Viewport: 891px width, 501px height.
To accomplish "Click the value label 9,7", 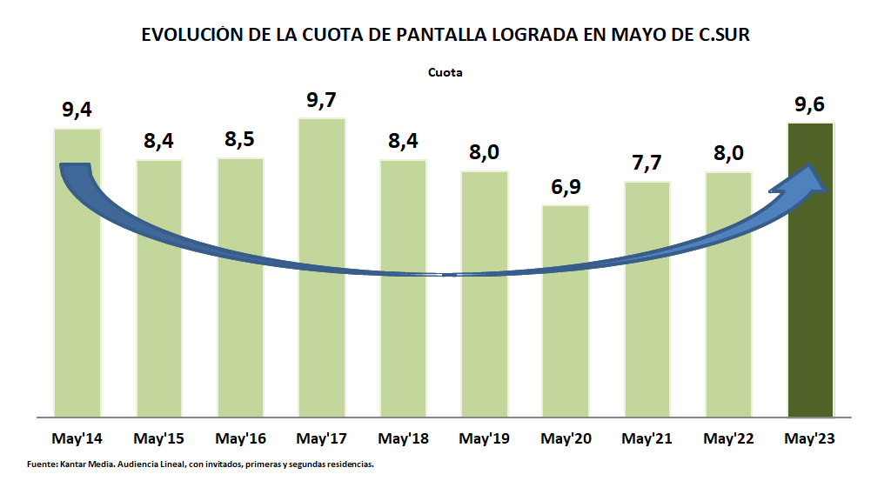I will coord(322,100).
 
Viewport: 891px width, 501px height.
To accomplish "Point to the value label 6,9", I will coord(566,188).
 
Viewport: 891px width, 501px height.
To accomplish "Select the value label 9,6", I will coord(810,105).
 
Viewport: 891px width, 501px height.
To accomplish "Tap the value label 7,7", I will coord(647,164).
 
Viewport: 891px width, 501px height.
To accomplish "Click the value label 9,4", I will coord(77,110).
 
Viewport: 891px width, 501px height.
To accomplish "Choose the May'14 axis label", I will coord(77,438).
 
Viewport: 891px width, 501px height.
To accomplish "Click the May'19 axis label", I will coord(485,438).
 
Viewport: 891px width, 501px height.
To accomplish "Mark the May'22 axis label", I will coord(728,438).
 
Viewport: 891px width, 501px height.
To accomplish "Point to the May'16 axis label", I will coord(240,438).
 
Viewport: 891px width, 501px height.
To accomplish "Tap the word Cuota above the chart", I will coord(445,73).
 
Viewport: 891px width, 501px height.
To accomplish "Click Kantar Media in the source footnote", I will coord(84,464).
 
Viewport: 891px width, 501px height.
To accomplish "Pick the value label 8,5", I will coord(240,140).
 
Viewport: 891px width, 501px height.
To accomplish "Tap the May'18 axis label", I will coord(403,438).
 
